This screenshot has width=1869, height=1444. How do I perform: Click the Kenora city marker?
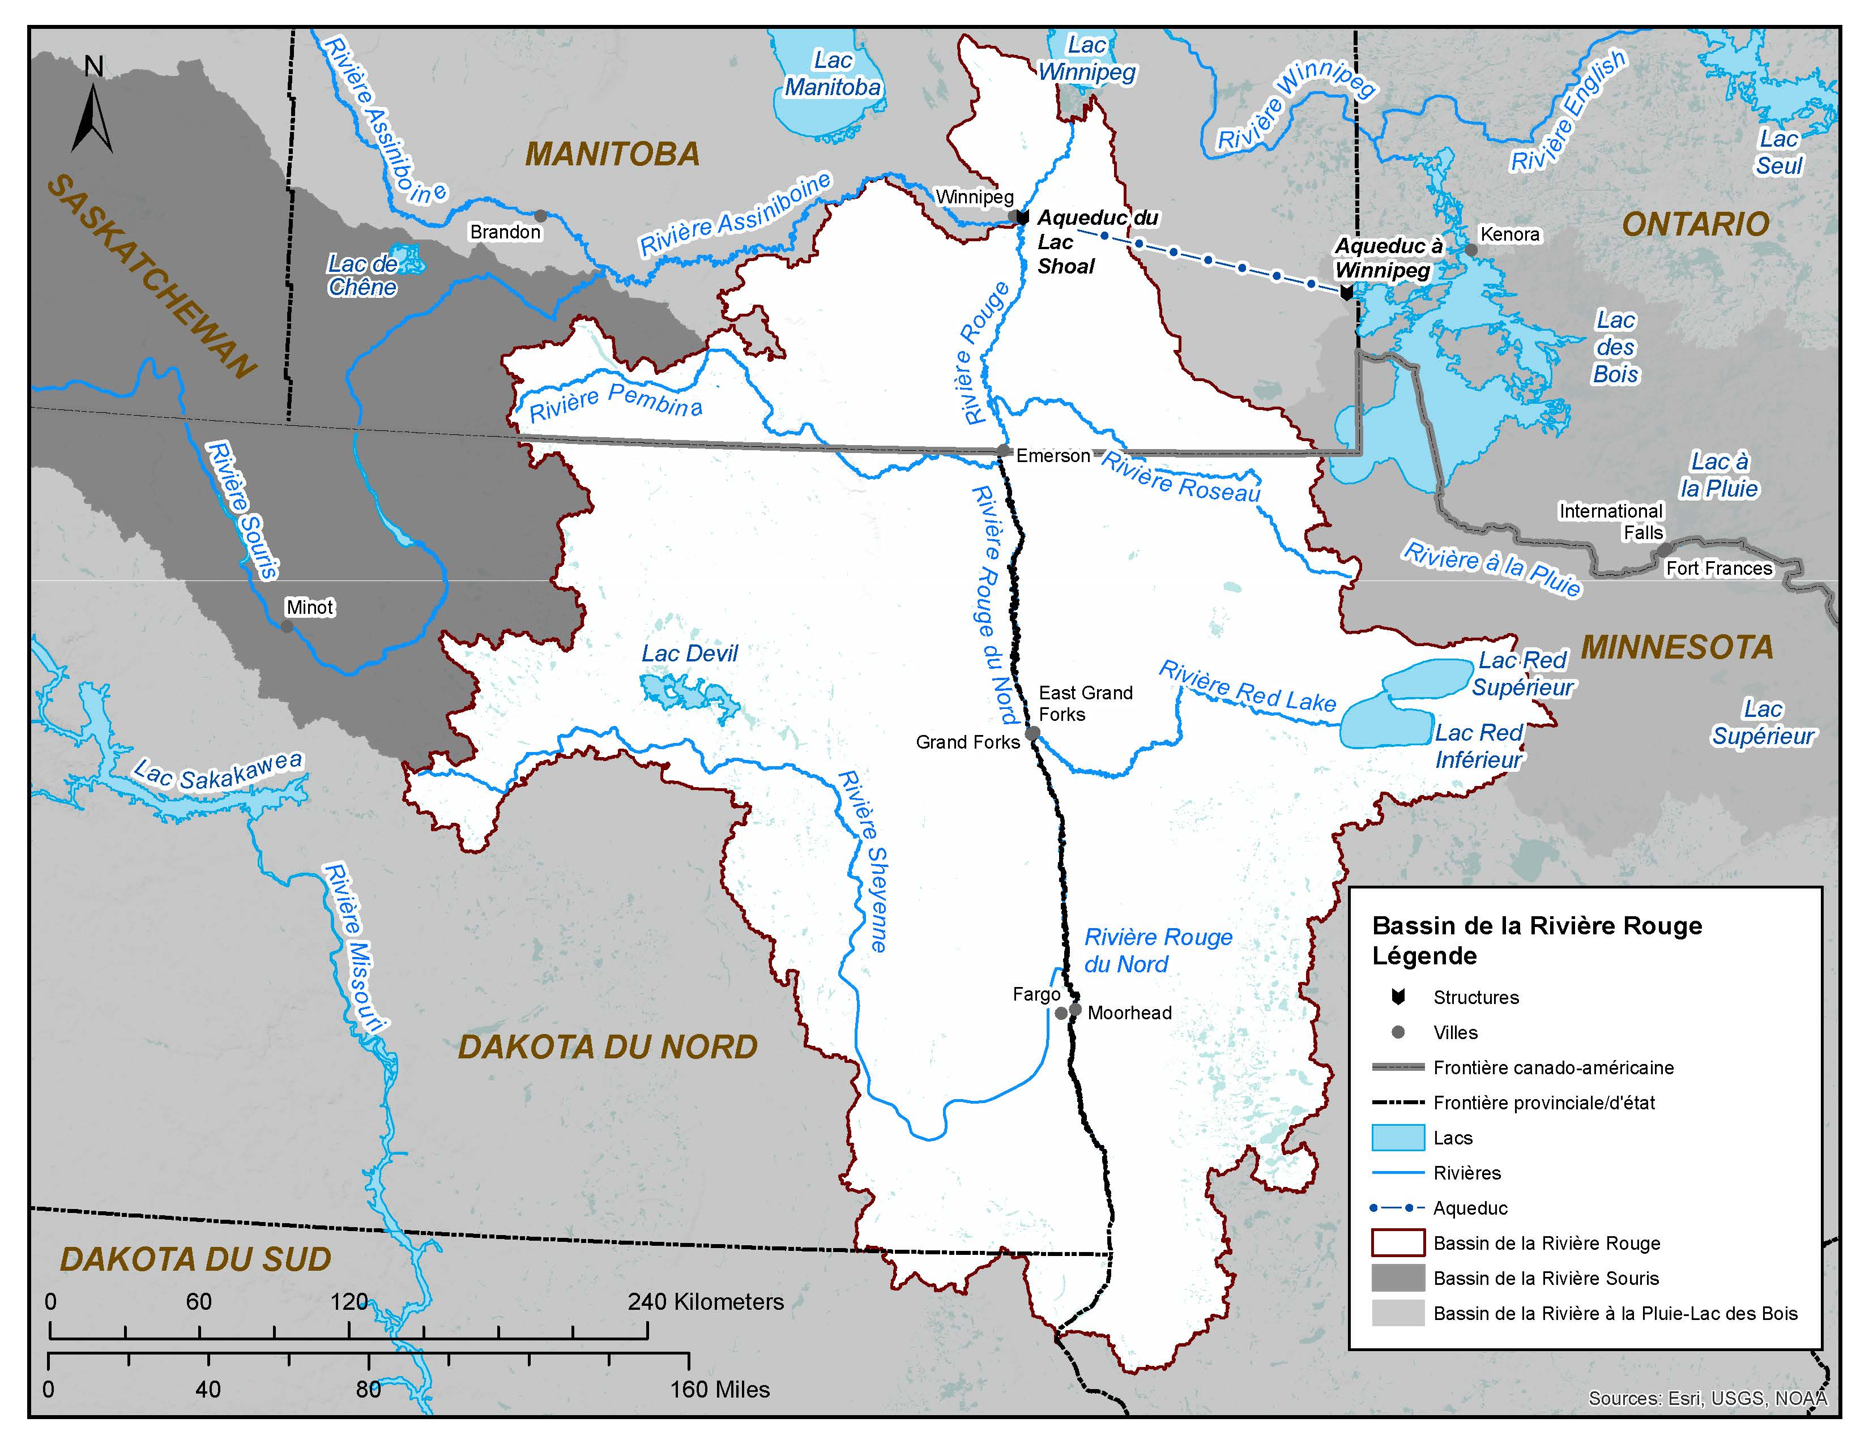click(x=1470, y=250)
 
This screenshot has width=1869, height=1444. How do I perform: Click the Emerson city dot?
click(x=1004, y=451)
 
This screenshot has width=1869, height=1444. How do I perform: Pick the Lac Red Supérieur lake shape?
click(x=1425, y=677)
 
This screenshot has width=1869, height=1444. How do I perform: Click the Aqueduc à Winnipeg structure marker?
click(x=1346, y=293)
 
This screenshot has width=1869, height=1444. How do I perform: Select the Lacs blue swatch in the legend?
click(x=1397, y=1138)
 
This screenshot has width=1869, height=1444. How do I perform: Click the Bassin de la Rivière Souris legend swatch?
click(x=1397, y=1278)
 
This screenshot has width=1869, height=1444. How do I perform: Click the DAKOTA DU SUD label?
click(x=195, y=1259)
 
